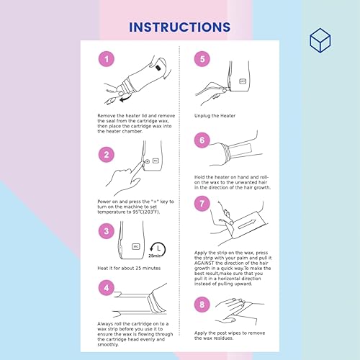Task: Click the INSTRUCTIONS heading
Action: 179,27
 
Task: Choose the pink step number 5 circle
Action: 202,60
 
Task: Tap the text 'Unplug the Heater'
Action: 218,113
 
